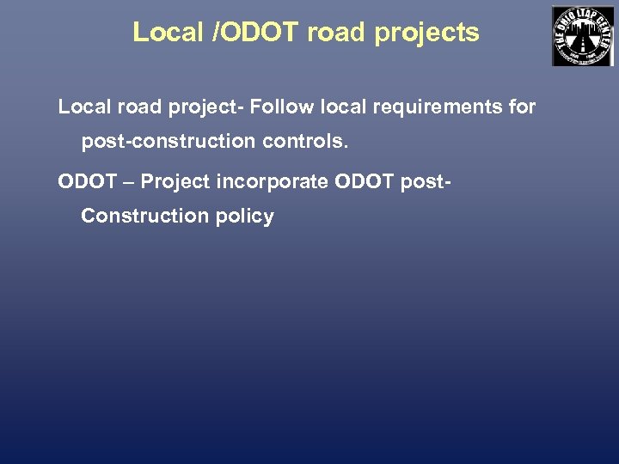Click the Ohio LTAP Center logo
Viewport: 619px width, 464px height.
(x=582, y=36)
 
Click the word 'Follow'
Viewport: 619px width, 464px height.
(x=279, y=107)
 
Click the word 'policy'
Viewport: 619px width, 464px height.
(x=244, y=216)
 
